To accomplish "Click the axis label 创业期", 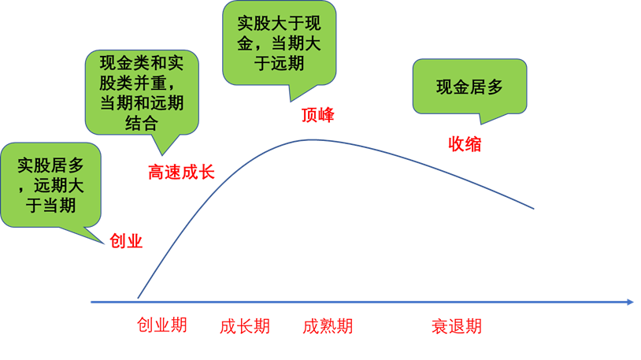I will click(162, 325).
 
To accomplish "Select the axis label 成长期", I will click(245, 326).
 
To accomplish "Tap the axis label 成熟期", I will click(328, 326).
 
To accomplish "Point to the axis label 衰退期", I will click(456, 326).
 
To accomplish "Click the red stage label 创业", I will click(126, 241).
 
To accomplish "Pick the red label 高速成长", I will click(181, 172).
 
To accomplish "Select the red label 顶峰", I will click(318, 115).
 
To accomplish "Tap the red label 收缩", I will click(465, 143).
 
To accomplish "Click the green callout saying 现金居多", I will click(469, 87).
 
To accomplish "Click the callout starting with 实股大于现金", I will click(280, 41).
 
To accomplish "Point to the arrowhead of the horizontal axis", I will click(630, 302).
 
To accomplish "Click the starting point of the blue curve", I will click(138, 298).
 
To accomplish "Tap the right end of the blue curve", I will click(534, 209).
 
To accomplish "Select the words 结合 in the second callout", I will click(142, 124).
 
